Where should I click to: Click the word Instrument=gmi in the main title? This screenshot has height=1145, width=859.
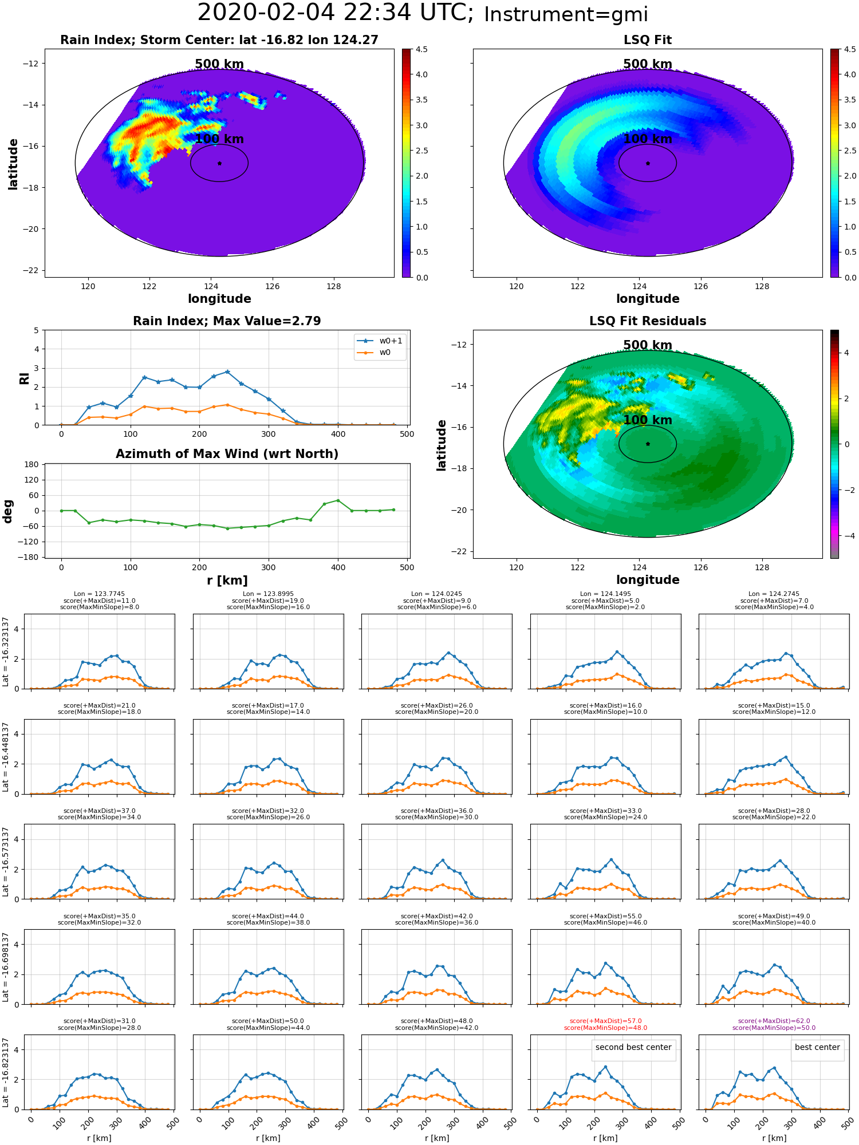pyautogui.click(x=566, y=15)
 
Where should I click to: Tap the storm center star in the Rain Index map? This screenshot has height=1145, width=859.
pyautogui.click(x=219, y=163)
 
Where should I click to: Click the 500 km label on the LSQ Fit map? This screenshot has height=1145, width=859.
pyautogui.click(x=648, y=64)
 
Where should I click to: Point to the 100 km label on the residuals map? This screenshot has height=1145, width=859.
pyautogui.click(x=648, y=420)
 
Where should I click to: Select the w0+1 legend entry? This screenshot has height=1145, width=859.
pyautogui.click(x=380, y=341)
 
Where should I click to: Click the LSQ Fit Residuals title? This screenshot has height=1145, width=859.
pyautogui.click(x=648, y=321)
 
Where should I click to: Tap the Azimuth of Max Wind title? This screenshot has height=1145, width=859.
pyautogui.click(x=227, y=454)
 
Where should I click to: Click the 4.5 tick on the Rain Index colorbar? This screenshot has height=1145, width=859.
pyautogui.click(x=421, y=49)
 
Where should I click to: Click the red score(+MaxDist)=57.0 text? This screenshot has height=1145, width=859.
pyautogui.click(x=605, y=1021)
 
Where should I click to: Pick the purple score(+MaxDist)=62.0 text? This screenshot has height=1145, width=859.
pyautogui.click(x=774, y=1021)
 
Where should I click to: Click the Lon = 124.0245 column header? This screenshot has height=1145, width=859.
pyautogui.click(x=436, y=594)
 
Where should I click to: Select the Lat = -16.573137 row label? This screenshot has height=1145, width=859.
pyautogui.click(x=6, y=862)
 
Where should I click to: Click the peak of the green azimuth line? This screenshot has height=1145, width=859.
pyautogui.click(x=338, y=500)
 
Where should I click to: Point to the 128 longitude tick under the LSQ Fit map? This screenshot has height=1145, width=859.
pyautogui.click(x=762, y=286)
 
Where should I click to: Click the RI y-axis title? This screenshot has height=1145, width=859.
pyautogui.click(x=24, y=378)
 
